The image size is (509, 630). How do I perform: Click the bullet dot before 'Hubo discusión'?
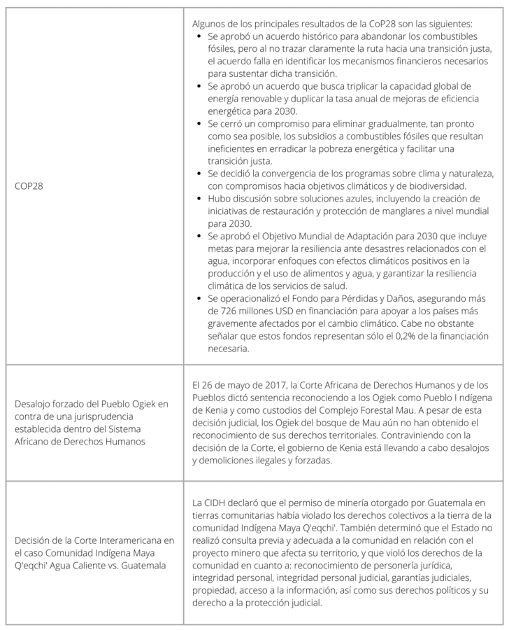pyautogui.click(x=201, y=199)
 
